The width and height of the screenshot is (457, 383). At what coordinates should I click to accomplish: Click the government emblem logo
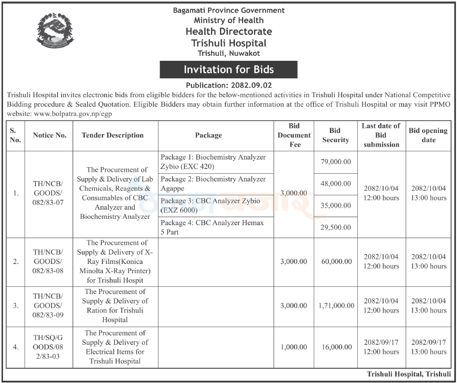point(55,30)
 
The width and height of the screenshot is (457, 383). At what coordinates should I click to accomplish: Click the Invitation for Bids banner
point(228,70)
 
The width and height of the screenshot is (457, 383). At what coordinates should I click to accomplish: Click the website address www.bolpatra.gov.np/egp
point(73,114)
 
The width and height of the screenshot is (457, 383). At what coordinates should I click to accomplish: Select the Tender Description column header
point(113,136)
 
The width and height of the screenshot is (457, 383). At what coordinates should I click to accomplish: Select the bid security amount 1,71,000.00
point(336,306)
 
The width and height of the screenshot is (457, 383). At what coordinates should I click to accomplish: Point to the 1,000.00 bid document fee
point(294,347)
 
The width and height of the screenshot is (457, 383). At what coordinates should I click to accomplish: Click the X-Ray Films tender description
point(115,261)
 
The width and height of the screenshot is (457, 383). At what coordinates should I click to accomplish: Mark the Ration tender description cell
point(115,306)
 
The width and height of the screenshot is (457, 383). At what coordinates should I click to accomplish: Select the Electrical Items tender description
point(115,347)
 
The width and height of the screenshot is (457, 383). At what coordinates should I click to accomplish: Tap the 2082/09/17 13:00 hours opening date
point(429,347)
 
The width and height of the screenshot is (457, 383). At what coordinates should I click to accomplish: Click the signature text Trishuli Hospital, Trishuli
point(408,374)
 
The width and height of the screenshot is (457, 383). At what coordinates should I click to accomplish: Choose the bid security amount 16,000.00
point(336,347)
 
